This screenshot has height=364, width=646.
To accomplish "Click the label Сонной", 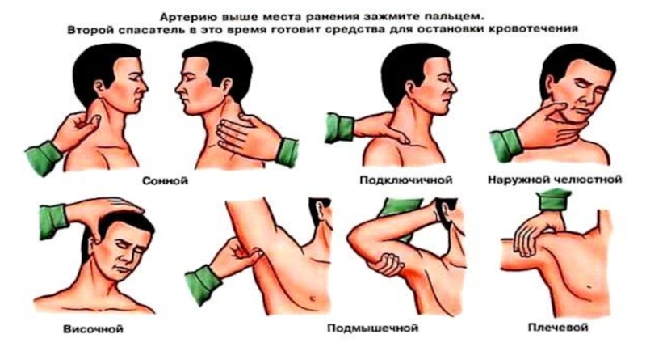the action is coord(165,180).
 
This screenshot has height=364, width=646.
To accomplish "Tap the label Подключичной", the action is coord(406,180).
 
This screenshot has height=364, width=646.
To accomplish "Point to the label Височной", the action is coord(93,329).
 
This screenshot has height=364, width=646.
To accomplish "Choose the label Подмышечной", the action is coord(373,328).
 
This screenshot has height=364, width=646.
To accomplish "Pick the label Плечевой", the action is coord(558,328).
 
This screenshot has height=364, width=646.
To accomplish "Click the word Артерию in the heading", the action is coord(189,17).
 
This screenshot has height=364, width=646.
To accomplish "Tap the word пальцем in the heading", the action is coord(456,17).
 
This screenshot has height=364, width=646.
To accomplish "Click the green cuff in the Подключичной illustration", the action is coord(339,128).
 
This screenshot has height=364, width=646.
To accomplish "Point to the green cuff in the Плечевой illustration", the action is coord(553,200).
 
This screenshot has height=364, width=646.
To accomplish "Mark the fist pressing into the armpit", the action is coord(387,265).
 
